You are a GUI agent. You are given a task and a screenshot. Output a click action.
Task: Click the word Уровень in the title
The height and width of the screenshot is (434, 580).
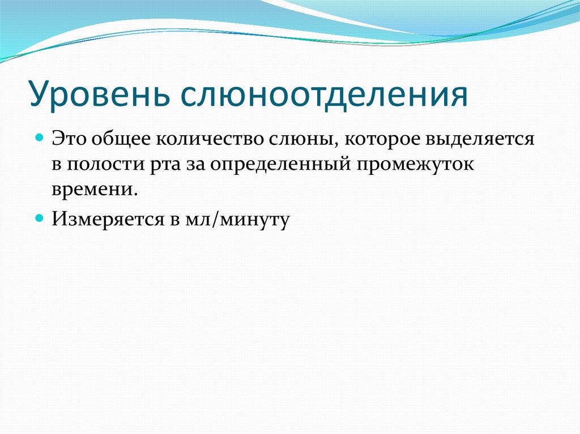pos(100,94)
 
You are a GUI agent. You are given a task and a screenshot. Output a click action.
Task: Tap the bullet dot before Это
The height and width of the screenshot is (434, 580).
pos(40,137)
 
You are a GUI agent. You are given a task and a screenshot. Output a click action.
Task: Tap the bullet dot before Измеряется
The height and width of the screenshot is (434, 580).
pos(40,217)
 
